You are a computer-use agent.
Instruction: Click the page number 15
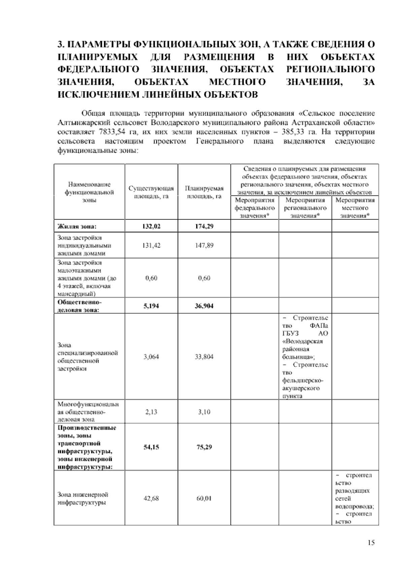click(x=371, y=543)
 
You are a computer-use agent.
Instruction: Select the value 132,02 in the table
click(x=151, y=226)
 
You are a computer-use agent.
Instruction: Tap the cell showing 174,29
click(x=204, y=226)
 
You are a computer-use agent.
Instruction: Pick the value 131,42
click(x=151, y=245)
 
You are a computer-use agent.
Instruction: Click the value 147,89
click(x=204, y=245)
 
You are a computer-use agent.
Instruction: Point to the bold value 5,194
click(x=151, y=306)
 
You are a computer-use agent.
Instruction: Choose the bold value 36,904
click(x=204, y=306)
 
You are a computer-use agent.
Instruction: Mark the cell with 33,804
click(x=204, y=357)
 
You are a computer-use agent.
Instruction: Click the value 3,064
click(x=151, y=357)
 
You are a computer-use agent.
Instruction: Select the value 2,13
click(x=151, y=412)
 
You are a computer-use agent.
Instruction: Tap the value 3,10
click(x=204, y=412)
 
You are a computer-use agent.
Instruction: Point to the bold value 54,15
click(x=151, y=447)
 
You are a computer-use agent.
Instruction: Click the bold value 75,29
click(x=204, y=447)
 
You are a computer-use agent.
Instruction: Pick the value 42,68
click(x=151, y=498)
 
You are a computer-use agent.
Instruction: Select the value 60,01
click(x=204, y=498)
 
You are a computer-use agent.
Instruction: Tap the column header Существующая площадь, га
click(x=151, y=192)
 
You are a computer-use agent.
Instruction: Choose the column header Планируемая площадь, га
click(x=204, y=192)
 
